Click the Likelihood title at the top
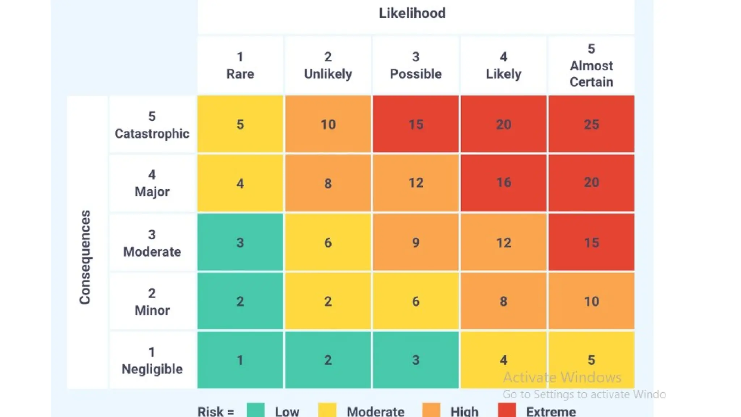tap(412, 14)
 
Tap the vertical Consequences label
tap(85, 257)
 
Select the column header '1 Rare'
tap(240, 66)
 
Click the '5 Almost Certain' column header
tap(591, 66)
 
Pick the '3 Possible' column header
tap(416, 66)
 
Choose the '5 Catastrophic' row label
tap(152, 125)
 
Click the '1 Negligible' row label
tap(152, 361)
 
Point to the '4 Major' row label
tap(152, 184)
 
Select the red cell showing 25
tap(591, 124)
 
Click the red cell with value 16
tap(503, 183)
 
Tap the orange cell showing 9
tap(416, 242)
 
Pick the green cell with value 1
tap(240, 360)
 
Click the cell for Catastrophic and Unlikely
tap(328, 124)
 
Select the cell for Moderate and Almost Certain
tap(591, 242)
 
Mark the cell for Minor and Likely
tap(503, 301)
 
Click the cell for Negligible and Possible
tap(416, 360)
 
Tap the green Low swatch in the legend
tap(256, 410)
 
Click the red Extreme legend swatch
tap(507, 410)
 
